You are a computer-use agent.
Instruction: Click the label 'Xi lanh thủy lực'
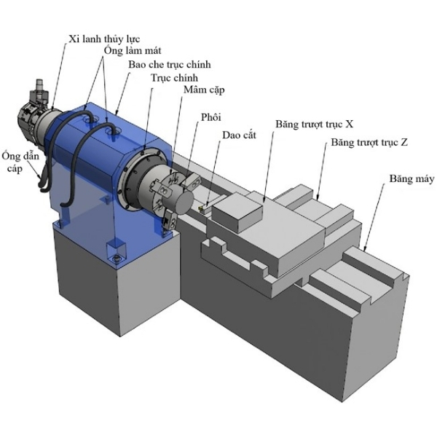[104, 39]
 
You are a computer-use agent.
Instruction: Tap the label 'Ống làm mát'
[133, 51]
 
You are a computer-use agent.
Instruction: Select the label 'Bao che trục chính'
[170, 65]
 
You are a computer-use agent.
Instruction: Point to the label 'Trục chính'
[175, 78]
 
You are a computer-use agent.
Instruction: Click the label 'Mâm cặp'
[204, 90]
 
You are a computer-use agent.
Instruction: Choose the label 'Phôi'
[211, 117]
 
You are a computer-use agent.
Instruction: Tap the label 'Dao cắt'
[239, 135]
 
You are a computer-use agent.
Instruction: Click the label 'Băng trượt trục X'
[315, 125]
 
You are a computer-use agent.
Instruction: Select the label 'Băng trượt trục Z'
[369, 143]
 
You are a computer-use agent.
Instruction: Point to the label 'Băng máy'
[412, 178]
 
